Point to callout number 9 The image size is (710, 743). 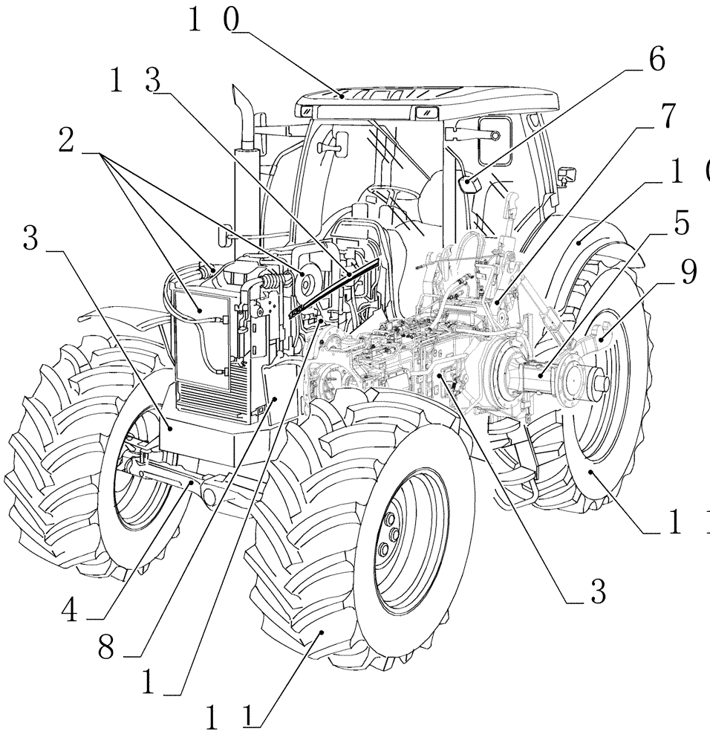(x=687, y=273)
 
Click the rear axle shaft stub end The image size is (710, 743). (x=600, y=382)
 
